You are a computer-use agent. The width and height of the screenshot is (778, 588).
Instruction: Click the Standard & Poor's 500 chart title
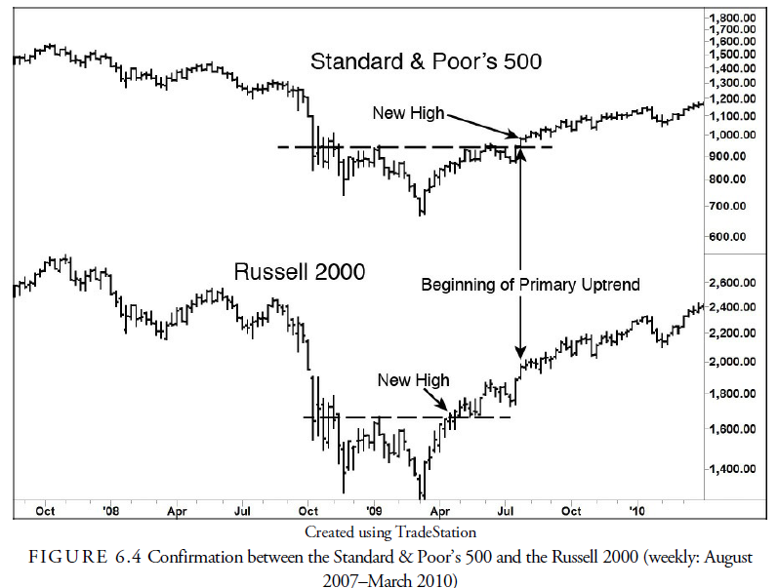coord(426,61)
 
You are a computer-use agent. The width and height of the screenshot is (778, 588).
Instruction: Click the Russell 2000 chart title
coord(299,272)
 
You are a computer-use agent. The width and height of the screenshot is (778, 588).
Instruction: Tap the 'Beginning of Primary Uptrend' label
coord(530,285)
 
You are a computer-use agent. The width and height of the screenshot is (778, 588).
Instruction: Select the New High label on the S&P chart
coord(408,114)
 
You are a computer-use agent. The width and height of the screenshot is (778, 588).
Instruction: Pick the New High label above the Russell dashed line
coord(413,380)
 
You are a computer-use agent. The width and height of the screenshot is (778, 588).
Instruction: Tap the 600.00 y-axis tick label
coord(734,237)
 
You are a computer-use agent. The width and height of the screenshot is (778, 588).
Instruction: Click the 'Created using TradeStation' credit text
coord(389,532)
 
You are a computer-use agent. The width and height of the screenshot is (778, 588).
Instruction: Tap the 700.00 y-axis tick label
coord(734,207)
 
